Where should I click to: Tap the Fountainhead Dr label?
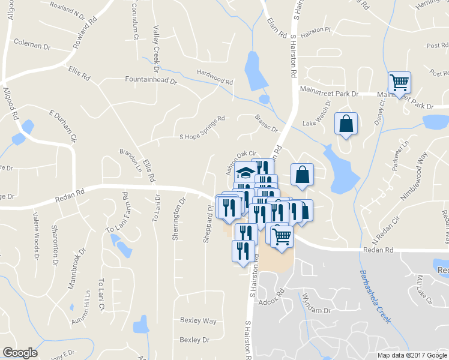tap(151, 79)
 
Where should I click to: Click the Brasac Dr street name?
tap(267, 124)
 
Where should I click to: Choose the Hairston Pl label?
tap(316, 29)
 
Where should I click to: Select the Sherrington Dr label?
tap(178, 220)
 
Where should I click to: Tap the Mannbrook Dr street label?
tap(77, 274)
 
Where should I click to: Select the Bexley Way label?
tap(198, 321)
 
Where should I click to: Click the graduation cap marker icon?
tap(245, 173)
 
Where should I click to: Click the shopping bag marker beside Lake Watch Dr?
tap(346, 124)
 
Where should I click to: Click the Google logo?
tap(20, 353)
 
